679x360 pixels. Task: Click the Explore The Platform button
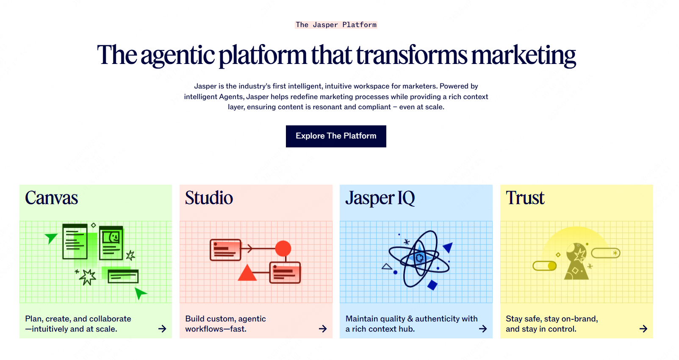(x=336, y=136)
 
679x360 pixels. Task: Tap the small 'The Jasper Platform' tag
(x=336, y=25)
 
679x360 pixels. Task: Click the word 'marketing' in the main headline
(x=523, y=55)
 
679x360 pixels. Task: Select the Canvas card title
(x=51, y=197)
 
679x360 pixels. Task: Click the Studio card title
(x=209, y=197)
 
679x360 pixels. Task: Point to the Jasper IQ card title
(x=380, y=198)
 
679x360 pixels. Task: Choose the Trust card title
(x=525, y=197)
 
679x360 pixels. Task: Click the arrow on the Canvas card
(x=162, y=329)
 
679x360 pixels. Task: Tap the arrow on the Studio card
(x=323, y=329)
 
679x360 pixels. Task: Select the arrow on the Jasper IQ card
(x=483, y=329)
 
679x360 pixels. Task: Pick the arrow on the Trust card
(x=643, y=329)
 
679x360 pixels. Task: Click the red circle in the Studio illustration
(x=283, y=249)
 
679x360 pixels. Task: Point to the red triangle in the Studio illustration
(x=247, y=273)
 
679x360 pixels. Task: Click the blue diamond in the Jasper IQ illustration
(x=432, y=285)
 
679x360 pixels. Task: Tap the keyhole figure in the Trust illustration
(x=576, y=261)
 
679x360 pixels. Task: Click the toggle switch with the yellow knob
(x=545, y=266)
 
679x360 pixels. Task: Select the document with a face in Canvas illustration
(x=111, y=243)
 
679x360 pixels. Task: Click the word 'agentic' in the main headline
(x=177, y=56)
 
